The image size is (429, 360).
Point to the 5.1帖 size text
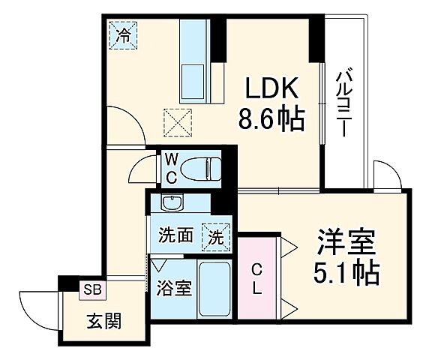pos(345,271)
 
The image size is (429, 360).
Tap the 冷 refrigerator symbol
pos(124,33)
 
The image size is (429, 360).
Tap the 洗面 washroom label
pos(175,236)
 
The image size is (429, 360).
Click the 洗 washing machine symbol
pos(215,236)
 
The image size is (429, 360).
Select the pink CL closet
pos(256,278)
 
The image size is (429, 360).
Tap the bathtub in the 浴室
pos(215,288)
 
